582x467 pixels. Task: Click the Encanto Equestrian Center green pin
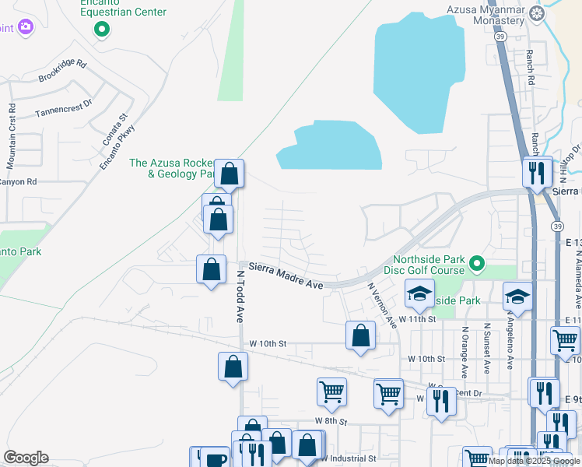(x=101, y=30)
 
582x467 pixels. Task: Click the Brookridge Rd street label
(x=62, y=72)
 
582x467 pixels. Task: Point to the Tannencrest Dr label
(x=64, y=108)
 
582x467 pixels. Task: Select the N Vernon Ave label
(x=383, y=305)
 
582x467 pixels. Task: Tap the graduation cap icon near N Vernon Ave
(x=419, y=294)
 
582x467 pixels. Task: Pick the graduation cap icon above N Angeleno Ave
(x=517, y=297)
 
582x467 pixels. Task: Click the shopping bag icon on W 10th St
(x=360, y=336)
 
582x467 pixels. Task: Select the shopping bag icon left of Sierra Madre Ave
(x=211, y=269)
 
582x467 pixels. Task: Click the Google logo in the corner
(x=26, y=458)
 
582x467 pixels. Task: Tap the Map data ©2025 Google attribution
(x=534, y=461)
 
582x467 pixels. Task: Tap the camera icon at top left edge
(x=26, y=27)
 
